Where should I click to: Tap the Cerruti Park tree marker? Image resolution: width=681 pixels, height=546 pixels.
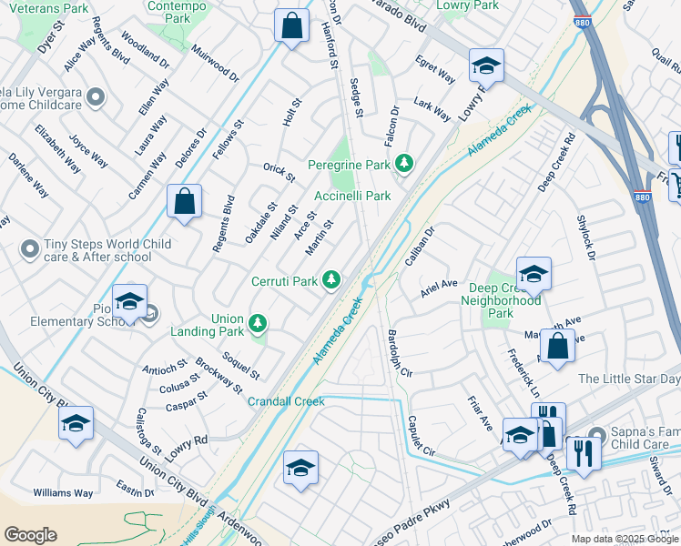[333, 279]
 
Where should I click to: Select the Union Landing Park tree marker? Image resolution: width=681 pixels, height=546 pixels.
[258, 322]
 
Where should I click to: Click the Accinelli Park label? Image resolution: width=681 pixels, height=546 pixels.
[352, 196]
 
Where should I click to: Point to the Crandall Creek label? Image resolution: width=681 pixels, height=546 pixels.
[286, 401]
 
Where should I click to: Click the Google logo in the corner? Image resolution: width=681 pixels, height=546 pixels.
[30, 535]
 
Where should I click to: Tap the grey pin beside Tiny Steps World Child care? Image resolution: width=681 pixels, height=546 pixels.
[30, 248]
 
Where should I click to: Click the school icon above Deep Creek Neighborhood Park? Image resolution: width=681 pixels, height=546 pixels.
[533, 273]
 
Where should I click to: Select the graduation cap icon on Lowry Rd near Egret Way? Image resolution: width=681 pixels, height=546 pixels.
[486, 66]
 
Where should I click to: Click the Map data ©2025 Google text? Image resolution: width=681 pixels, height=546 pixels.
[624, 539]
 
